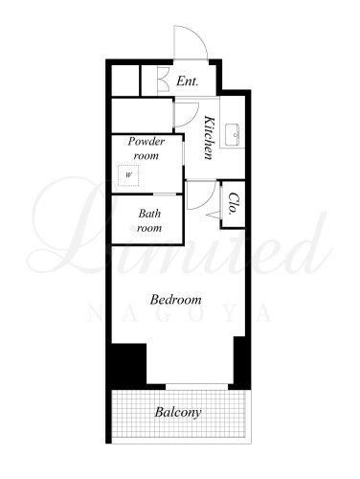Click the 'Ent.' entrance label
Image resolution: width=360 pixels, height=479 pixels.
[x=188, y=81]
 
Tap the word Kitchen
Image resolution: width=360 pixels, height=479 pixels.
[x=209, y=137]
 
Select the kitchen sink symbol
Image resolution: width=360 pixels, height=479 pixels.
[x=232, y=134]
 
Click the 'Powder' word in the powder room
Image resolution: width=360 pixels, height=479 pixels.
[x=146, y=142]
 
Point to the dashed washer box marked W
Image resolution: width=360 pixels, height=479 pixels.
[x=128, y=175]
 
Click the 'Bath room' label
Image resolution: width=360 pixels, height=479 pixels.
[x=149, y=220]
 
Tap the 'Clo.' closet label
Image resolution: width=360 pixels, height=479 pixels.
[x=234, y=203]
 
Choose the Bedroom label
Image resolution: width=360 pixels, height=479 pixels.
[x=175, y=300]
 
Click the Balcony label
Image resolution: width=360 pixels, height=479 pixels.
[x=178, y=412]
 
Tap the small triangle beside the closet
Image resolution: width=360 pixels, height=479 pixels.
[x=214, y=215]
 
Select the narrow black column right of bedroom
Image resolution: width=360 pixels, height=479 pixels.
[x=239, y=362]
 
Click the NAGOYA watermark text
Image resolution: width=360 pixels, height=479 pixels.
[x=180, y=313]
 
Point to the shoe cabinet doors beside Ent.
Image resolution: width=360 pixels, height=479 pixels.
[x=164, y=80]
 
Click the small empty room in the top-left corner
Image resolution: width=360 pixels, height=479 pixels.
[x=125, y=80]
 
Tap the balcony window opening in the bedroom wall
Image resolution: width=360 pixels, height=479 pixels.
[x=197, y=387]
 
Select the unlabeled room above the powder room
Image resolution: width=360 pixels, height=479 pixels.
[x=142, y=115]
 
